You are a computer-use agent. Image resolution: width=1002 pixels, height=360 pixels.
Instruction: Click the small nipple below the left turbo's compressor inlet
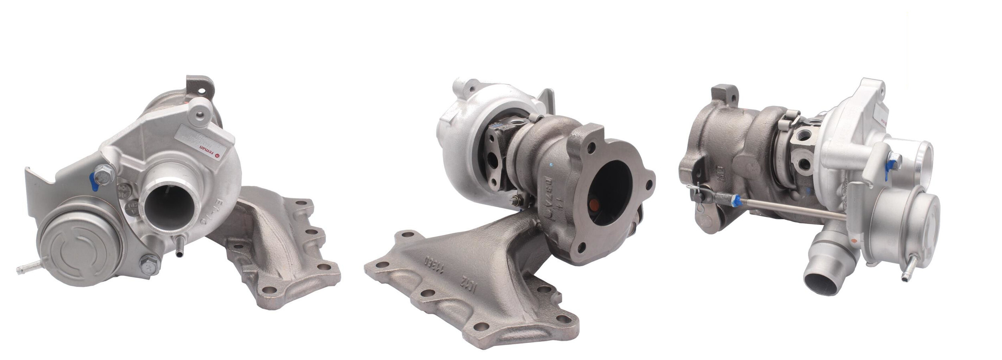tap(179, 253)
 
